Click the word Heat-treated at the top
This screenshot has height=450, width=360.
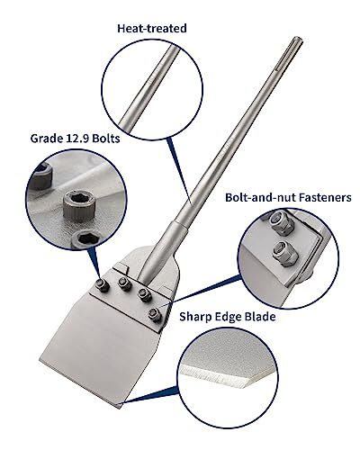pyautogui.click(x=151, y=29)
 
